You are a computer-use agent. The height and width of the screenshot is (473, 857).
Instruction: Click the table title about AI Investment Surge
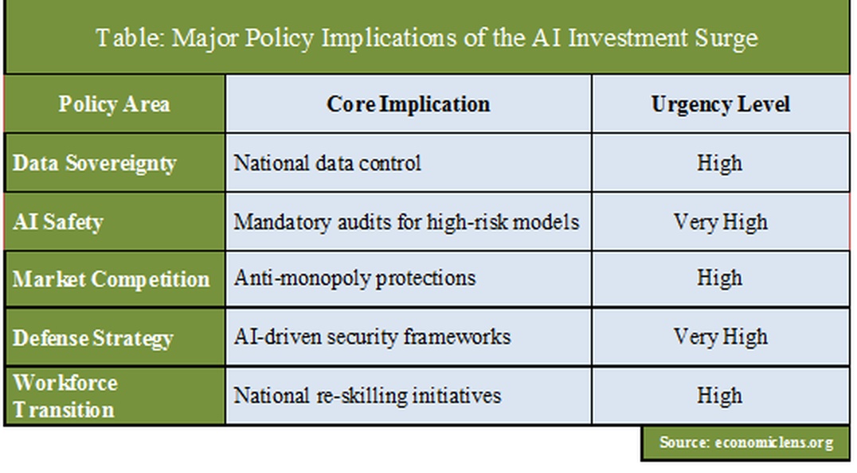tap(427, 38)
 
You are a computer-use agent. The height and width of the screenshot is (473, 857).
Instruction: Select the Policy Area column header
tap(114, 104)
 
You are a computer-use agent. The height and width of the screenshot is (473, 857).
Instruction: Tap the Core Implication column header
tap(409, 104)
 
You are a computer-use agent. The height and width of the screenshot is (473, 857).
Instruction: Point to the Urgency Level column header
tap(720, 104)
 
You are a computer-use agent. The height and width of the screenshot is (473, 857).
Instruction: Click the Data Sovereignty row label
tap(95, 163)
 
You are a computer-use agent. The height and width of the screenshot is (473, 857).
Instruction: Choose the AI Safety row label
tap(58, 222)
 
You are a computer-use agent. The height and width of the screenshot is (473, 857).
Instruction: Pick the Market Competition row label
tap(111, 279)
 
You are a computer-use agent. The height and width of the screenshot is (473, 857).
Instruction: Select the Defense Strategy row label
tap(93, 338)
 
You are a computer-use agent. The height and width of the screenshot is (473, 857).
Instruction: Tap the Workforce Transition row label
tap(65, 396)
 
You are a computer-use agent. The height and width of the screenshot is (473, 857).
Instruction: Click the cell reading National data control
tap(327, 162)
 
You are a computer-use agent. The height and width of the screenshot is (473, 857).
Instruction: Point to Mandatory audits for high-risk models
tap(407, 221)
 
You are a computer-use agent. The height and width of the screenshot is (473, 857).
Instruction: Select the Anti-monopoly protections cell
tap(354, 278)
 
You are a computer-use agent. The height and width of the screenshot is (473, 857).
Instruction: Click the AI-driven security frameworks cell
tap(372, 337)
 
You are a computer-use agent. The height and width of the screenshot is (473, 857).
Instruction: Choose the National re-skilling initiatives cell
tap(367, 396)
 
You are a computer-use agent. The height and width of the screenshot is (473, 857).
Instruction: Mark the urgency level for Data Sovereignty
tap(720, 162)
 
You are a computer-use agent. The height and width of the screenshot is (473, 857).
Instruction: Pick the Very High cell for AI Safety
tap(720, 222)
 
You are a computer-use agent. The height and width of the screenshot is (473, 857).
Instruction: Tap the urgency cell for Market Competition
tap(720, 278)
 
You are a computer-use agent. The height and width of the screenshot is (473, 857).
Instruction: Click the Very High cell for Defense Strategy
tap(720, 337)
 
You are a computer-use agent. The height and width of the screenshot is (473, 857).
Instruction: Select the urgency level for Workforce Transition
tap(720, 396)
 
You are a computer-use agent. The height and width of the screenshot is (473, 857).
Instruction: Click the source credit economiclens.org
tap(746, 443)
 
